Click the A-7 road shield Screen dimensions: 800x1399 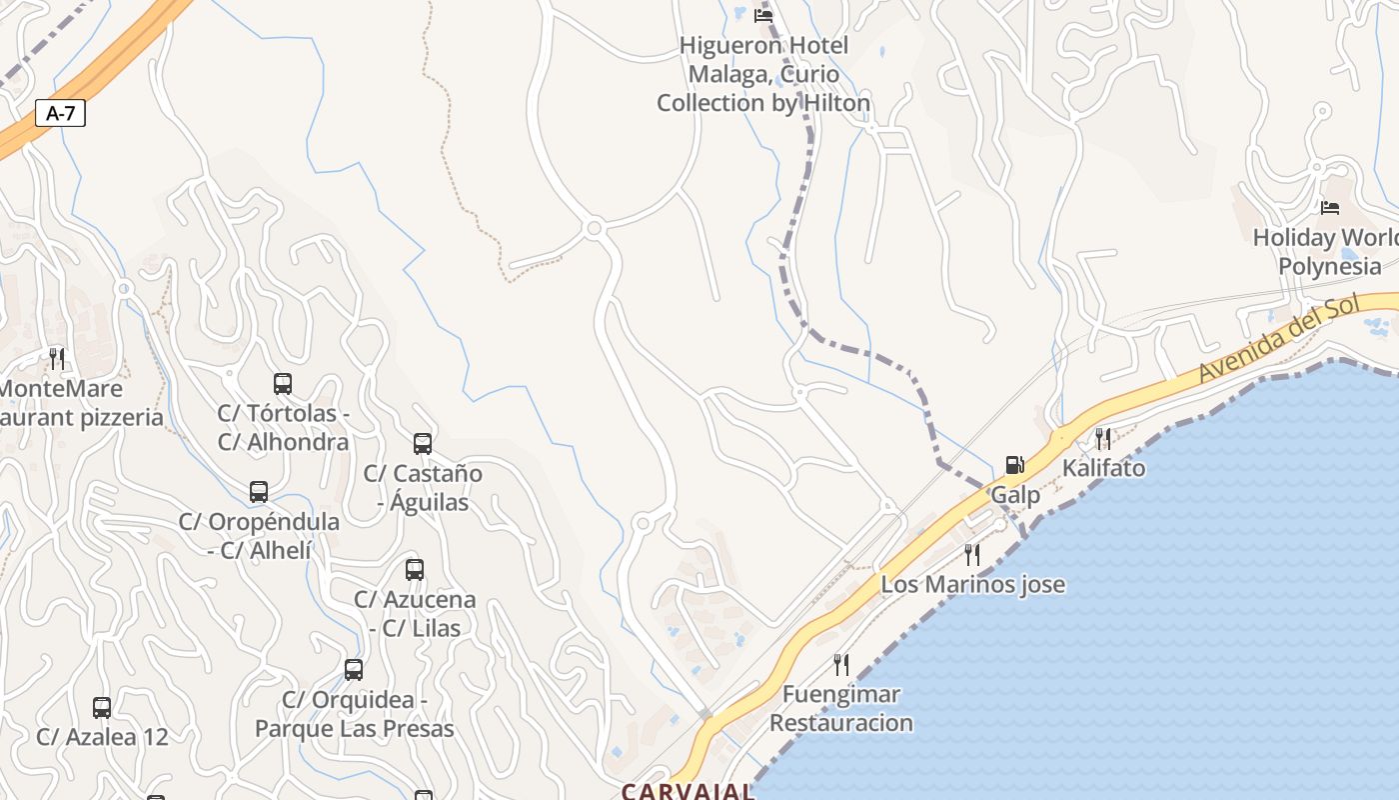pyautogui.click(x=61, y=113)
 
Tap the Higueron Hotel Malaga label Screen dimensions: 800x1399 pyautogui.click(x=763, y=74)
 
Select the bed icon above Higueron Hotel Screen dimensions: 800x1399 pyautogui.click(x=763, y=15)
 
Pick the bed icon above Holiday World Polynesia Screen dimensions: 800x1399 pyautogui.click(x=1329, y=208)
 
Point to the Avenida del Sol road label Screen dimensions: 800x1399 pyautogui.click(x=1281, y=341)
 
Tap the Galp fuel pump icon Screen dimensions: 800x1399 pyautogui.click(x=1014, y=465)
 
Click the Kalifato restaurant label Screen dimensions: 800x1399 pyautogui.click(x=1103, y=468)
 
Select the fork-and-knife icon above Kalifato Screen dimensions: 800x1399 pyautogui.click(x=1103, y=438)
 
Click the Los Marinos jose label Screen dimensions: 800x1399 pyautogui.click(x=972, y=584)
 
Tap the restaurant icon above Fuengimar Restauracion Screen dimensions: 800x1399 pyautogui.click(x=841, y=664)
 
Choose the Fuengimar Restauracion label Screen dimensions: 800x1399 pyautogui.click(x=841, y=708)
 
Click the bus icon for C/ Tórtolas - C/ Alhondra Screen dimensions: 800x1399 pyautogui.click(x=283, y=383)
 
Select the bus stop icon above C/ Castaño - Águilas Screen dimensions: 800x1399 pyautogui.click(x=423, y=443)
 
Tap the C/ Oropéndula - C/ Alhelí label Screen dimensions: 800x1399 pyautogui.click(x=259, y=535)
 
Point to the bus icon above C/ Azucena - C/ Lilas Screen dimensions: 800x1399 pyautogui.click(x=415, y=570)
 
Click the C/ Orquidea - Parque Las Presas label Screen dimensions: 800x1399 pyautogui.click(x=354, y=714)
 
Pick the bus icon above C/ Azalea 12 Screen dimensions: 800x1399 pyautogui.click(x=102, y=708)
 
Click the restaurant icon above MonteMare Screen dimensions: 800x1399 pyautogui.click(x=57, y=358)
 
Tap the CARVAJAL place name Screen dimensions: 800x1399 pyautogui.click(x=688, y=791)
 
